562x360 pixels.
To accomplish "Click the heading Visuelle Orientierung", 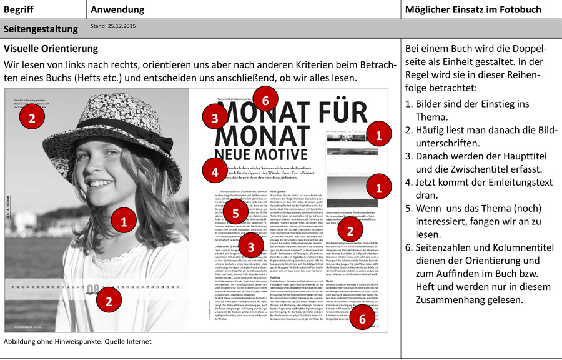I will pyautogui.click(x=51, y=48).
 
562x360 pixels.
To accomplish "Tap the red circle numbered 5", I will pyautogui.click(x=235, y=213).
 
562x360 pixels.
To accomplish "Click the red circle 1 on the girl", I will pyautogui.click(x=123, y=221).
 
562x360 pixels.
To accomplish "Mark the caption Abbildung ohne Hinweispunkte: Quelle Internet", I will pyautogui.click(x=77, y=342).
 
